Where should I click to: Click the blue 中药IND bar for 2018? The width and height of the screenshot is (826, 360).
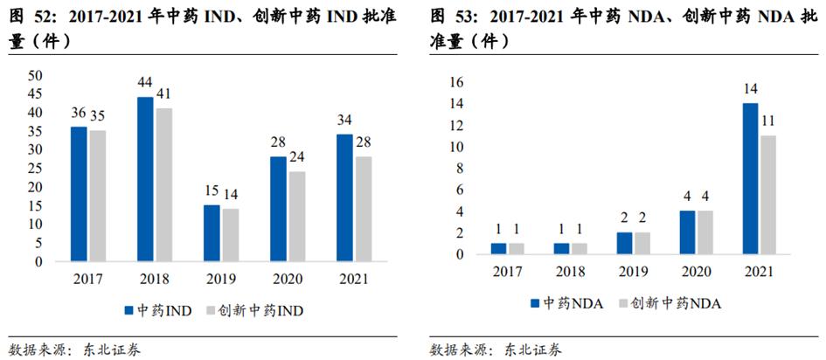pos(145,179)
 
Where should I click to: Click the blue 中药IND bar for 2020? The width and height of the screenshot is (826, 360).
pos(278,208)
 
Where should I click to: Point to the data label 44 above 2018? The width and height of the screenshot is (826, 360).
pos(145,82)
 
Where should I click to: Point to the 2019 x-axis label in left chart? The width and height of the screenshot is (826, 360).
pos(220,280)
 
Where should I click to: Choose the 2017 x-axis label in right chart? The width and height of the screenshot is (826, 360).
pos(506,273)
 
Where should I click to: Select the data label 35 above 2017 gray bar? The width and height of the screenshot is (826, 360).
pos(97,115)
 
